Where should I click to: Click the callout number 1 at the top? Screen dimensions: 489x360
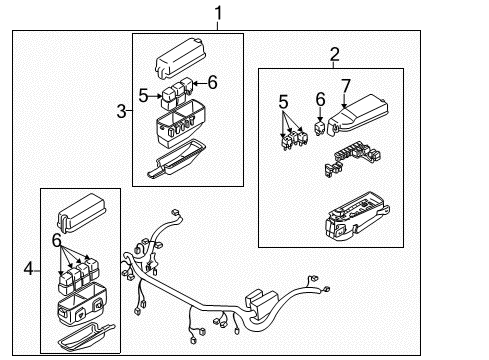(218, 13)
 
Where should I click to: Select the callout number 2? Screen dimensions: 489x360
(335, 54)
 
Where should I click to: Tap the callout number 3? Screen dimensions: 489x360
(121, 111)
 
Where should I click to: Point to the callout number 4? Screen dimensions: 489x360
(29, 268)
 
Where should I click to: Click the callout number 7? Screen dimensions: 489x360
(346, 86)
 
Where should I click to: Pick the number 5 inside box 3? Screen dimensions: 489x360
(143, 96)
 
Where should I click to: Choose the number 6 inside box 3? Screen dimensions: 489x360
(212, 82)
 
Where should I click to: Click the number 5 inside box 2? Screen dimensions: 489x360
(283, 102)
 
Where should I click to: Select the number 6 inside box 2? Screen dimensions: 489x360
(320, 99)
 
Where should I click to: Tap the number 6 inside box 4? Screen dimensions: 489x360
(57, 240)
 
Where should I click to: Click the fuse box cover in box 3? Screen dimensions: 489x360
(180, 59)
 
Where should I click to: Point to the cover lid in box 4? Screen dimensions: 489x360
(81, 212)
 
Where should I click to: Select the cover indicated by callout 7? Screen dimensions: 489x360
(358, 115)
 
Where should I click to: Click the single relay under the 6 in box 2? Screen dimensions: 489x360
(320, 128)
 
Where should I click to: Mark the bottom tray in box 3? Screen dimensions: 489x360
(177, 158)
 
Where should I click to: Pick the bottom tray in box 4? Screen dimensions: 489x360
(86, 336)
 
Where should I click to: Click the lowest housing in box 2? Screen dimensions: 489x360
(357, 215)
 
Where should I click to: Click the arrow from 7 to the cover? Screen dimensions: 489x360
(344, 101)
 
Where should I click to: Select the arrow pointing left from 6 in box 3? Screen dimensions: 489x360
(199, 83)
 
